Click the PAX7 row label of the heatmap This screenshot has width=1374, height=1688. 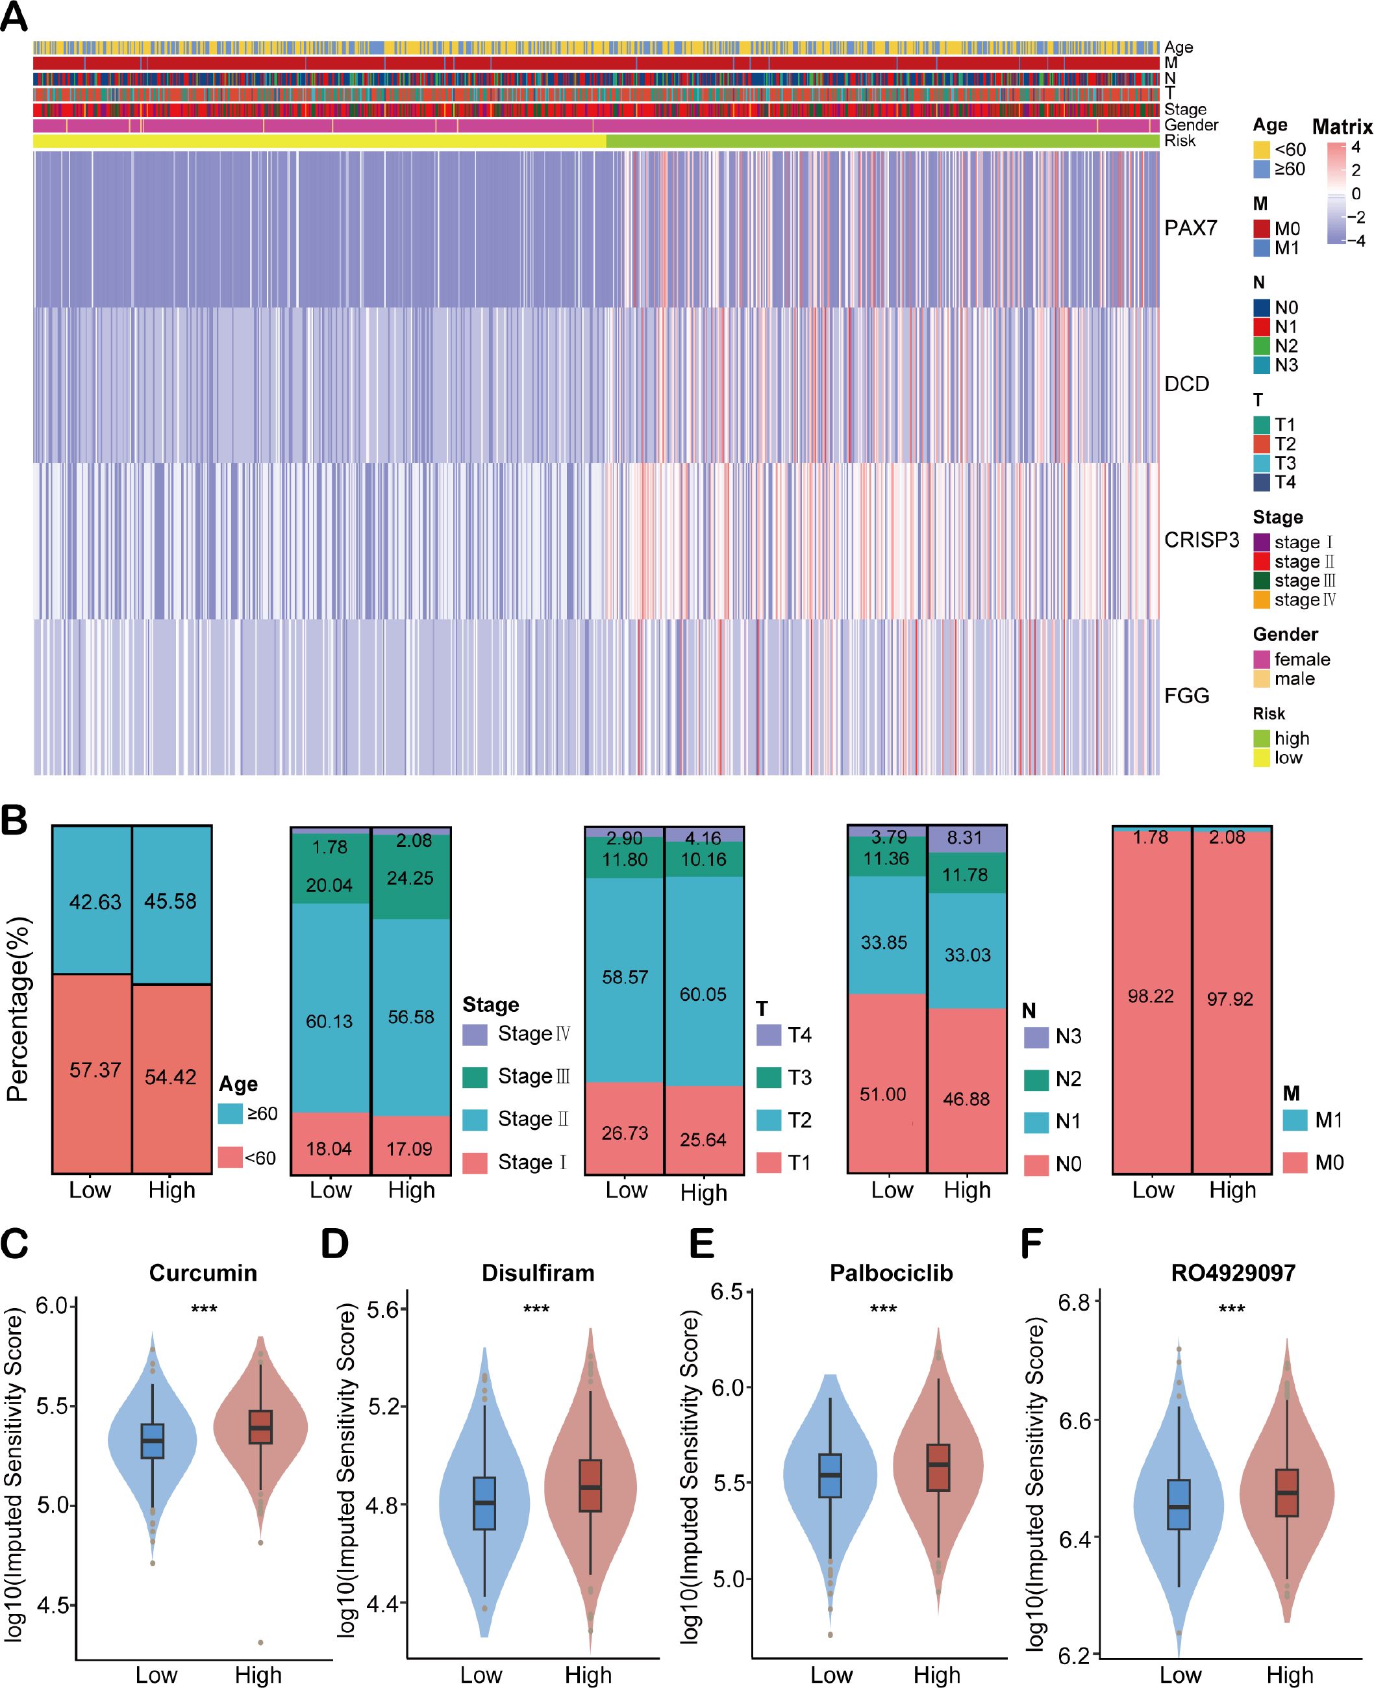1190,228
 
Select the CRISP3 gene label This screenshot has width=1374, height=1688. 1201,540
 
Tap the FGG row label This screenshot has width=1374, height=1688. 1186,695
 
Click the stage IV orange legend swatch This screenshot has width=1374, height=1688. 1262,600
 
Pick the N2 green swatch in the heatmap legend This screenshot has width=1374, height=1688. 1262,346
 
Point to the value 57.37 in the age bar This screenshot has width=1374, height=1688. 95,1070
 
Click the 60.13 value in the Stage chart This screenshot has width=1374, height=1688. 329,1022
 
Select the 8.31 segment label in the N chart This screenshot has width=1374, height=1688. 965,838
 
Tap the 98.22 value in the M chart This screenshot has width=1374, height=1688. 1151,996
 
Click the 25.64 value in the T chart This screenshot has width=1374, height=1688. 703,1139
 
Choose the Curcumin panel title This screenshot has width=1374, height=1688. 203,1273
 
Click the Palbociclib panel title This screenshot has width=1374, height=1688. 891,1273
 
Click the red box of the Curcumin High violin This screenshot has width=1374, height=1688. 260,1427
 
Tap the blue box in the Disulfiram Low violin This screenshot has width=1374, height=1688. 484,1503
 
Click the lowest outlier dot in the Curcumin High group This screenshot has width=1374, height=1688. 260,1643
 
